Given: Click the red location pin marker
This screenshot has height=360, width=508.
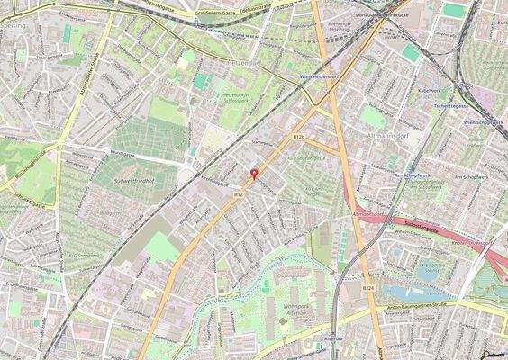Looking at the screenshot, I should coord(254,174).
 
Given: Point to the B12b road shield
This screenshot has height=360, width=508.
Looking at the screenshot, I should coord(300,135).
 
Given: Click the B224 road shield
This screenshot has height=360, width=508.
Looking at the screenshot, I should coord(368,287).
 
